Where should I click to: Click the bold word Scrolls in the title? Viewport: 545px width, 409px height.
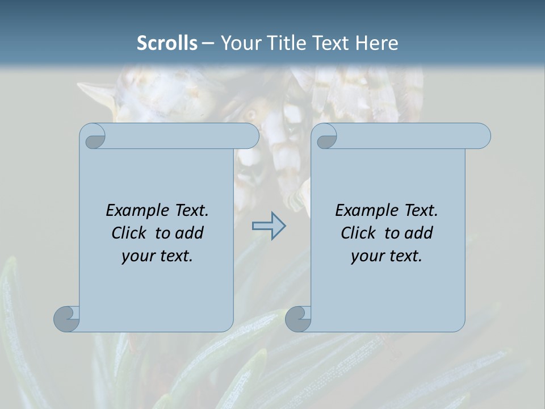pos(167,43)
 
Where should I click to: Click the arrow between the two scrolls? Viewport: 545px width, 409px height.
pos(269,226)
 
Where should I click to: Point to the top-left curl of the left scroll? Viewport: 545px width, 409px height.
pos(93,137)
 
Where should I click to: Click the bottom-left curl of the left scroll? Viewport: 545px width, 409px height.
pos(66,319)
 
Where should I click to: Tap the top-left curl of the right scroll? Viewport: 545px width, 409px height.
pos(325,137)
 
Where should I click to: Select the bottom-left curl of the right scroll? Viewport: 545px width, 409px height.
pos(298,319)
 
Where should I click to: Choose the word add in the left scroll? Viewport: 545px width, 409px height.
pos(189,233)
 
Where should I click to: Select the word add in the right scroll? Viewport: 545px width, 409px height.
pos(418,233)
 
